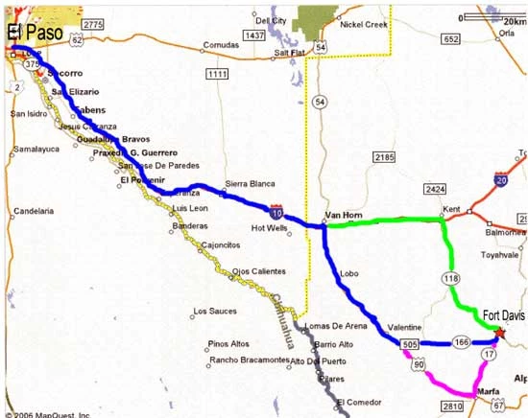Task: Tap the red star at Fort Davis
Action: pos(499,333)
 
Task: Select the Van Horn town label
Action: pos(342,215)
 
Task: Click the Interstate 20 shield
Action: pos(501,179)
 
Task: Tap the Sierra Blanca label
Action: pos(250,183)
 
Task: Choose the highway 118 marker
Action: pos(451,277)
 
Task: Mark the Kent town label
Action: pos(451,209)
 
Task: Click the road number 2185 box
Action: pos(385,156)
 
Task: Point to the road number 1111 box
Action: pos(217,74)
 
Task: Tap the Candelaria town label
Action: pos(34,211)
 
